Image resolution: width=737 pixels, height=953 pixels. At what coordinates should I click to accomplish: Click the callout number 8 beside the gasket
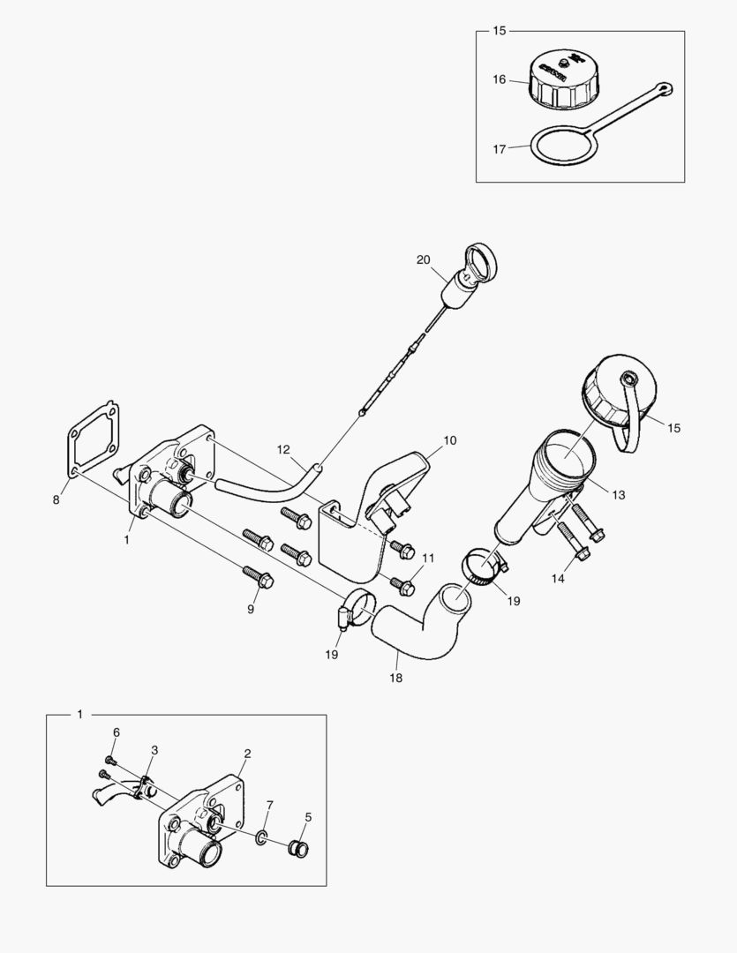(x=56, y=499)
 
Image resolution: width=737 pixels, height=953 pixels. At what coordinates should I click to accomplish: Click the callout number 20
(x=424, y=259)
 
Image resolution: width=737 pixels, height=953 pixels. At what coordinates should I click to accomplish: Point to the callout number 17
(x=500, y=149)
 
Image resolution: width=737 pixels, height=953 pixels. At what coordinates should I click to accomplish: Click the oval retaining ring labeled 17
(x=560, y=145)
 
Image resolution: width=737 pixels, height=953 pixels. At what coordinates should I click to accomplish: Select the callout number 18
(x=396, y=679)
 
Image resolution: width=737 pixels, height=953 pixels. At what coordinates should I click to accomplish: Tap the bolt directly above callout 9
(x=260, y=579)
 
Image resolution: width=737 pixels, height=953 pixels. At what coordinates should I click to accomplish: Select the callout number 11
(x=428, y=558)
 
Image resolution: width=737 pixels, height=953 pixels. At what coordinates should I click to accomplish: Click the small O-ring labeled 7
(x=264, y=836)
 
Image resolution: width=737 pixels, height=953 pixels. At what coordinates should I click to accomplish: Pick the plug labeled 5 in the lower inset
(x=298, y=849)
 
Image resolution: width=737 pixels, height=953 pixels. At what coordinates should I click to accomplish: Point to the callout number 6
(x=115, y=732)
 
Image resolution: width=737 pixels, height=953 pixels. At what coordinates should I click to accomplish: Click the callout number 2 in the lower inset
(x=247, y=753)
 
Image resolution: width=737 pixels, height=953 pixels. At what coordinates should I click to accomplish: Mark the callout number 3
(x=154, y=749)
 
